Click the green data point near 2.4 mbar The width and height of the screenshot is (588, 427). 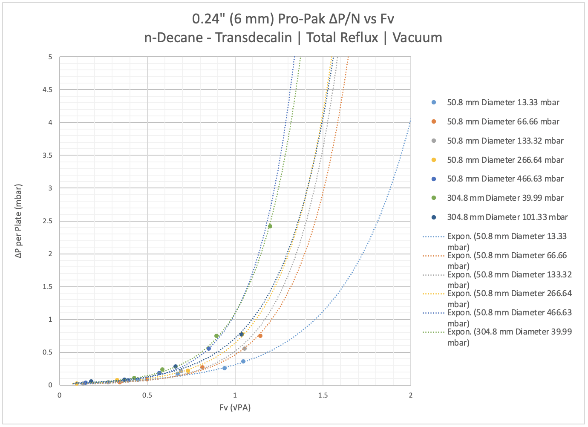[270, 226]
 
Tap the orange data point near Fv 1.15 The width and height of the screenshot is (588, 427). [260, 336]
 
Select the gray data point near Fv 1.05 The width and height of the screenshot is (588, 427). [244, 349]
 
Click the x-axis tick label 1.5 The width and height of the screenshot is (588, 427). [323, 395]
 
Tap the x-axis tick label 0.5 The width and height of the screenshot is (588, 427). [147, 395]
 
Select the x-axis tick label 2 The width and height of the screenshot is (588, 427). [410, 395]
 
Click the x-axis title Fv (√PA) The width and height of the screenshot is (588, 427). [235, 408]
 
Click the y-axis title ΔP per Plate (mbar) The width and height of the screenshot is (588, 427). [18, 221]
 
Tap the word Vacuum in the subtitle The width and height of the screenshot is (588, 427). [417, 38]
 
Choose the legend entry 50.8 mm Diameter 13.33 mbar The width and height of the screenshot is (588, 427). [503, 103]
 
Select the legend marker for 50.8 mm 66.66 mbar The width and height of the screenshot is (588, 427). [434, 122]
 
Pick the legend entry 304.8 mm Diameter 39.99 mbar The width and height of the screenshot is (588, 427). [505, 198]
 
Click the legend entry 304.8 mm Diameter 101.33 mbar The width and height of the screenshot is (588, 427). [507, 217]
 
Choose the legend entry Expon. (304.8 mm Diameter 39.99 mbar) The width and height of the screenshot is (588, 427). [509, 337]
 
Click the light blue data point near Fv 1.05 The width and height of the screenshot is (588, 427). [243, 361]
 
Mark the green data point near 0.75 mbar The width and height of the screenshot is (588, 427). [216, 336]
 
